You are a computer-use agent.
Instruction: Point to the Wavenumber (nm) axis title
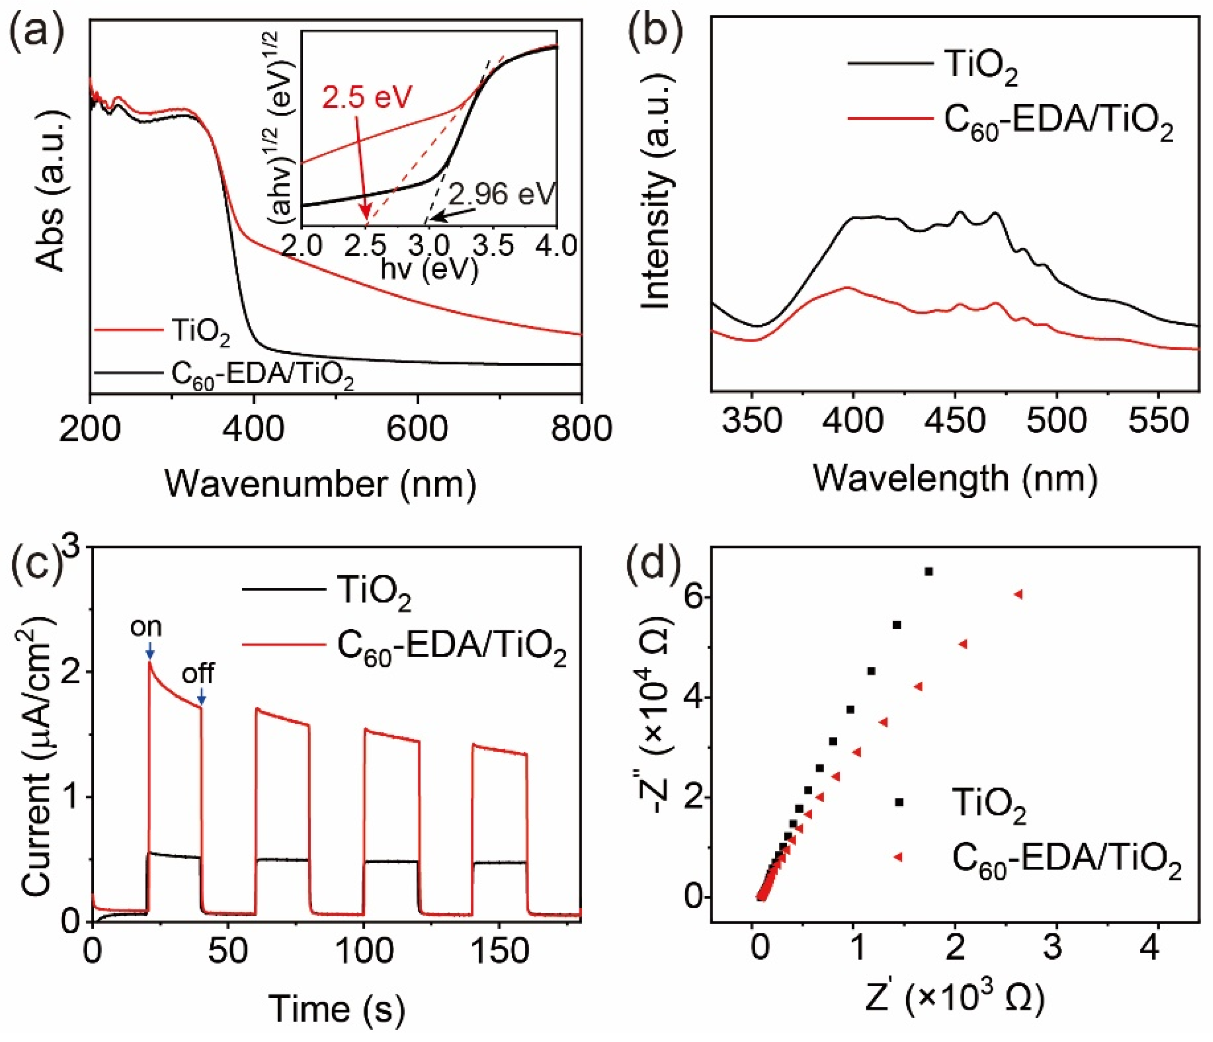(x=321, y=484)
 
